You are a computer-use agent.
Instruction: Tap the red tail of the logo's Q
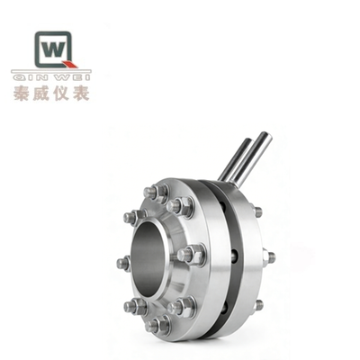point(72,64)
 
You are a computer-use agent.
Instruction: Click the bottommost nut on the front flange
point(160,325)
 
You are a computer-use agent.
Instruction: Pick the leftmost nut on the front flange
point(123,264)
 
